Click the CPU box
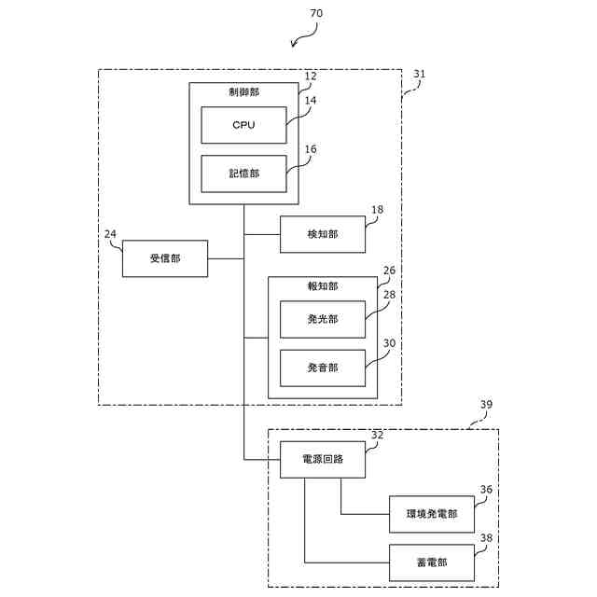(243, 125)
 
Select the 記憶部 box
(243, 174)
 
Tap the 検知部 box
(323, 234)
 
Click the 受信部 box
(165, 258)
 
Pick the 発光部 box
(323, 319)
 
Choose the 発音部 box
(323, 368)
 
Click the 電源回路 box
(323, 460)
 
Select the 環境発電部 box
(432, 514)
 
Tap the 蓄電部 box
(432, 562)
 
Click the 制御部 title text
(243, 92)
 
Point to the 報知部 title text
(323, 286)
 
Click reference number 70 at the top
(316, 13)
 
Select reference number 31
(419, 74)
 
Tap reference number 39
(486, 404)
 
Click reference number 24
(110, 234)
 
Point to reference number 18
(377, 210)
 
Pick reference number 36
(486, 490)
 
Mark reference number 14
(311, 101)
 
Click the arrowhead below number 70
(293, 45)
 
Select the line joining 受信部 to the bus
(226, 259)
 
